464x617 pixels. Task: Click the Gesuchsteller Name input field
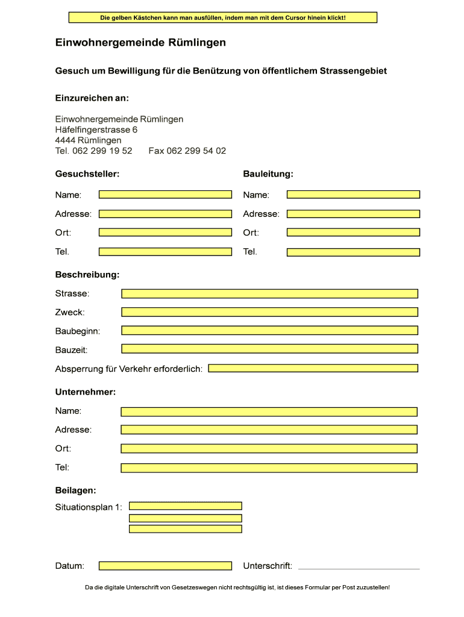(165, 195)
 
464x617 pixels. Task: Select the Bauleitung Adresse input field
(353, 214)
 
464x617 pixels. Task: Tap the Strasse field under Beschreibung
(269, 293)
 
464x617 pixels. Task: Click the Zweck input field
(269, 312)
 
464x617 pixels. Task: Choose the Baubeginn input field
(269, 331)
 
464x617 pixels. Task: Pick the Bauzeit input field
(269, 349)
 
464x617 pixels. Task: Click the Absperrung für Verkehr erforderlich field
(313, 368)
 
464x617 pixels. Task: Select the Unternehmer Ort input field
(269, 449)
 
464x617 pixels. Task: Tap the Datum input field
(165, 566)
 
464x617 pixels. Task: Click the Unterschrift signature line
(359, 568)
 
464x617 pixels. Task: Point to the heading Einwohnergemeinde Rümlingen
(141, 43)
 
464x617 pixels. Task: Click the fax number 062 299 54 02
(187, 151)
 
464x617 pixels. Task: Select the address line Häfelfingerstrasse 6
(96, 130)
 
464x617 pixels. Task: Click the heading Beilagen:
(76, 491)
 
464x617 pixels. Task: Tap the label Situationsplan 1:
(89, 507)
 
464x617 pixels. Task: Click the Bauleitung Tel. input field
(353, 252)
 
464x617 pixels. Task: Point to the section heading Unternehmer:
(86, 392)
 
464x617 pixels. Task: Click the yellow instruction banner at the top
(223, 18)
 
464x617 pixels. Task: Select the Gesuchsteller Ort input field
(165, 233)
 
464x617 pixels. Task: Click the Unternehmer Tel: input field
(269, 468)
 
